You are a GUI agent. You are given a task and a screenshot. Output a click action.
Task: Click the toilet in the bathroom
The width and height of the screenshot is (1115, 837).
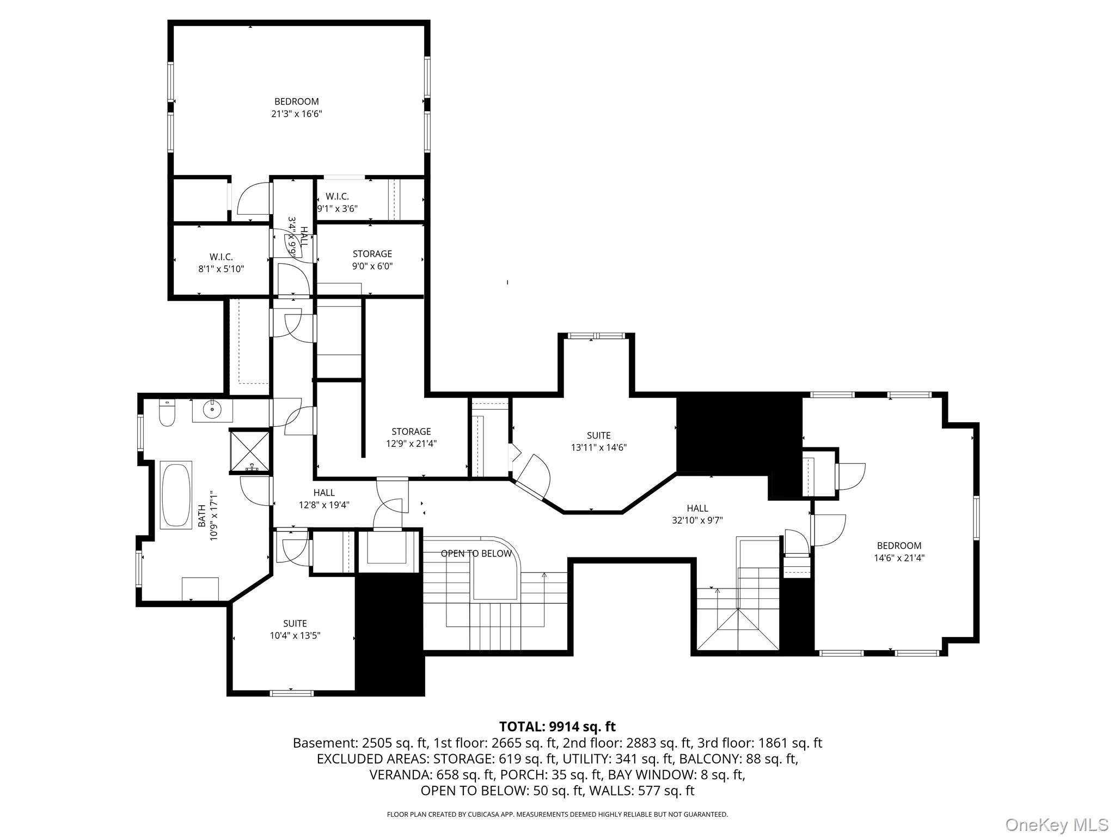(167, 414)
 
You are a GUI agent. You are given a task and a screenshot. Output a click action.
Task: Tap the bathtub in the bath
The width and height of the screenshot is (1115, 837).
(176, 495)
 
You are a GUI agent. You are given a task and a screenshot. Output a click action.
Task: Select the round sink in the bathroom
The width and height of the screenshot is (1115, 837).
(212, 410)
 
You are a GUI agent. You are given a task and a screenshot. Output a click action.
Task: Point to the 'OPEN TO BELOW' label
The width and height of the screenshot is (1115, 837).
(476, 554)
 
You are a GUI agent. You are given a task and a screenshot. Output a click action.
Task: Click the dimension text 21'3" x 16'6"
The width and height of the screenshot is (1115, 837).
(297, 114)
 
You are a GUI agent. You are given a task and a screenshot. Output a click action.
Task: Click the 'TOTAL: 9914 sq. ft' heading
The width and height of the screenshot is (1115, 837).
(557, 726)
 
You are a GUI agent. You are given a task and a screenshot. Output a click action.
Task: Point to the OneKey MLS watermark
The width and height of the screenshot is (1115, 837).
(1056, 824)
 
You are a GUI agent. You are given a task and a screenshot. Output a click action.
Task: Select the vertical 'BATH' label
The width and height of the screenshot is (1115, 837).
(201, 515)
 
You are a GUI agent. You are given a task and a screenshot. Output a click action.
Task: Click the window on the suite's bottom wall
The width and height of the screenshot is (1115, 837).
(292, 693)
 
